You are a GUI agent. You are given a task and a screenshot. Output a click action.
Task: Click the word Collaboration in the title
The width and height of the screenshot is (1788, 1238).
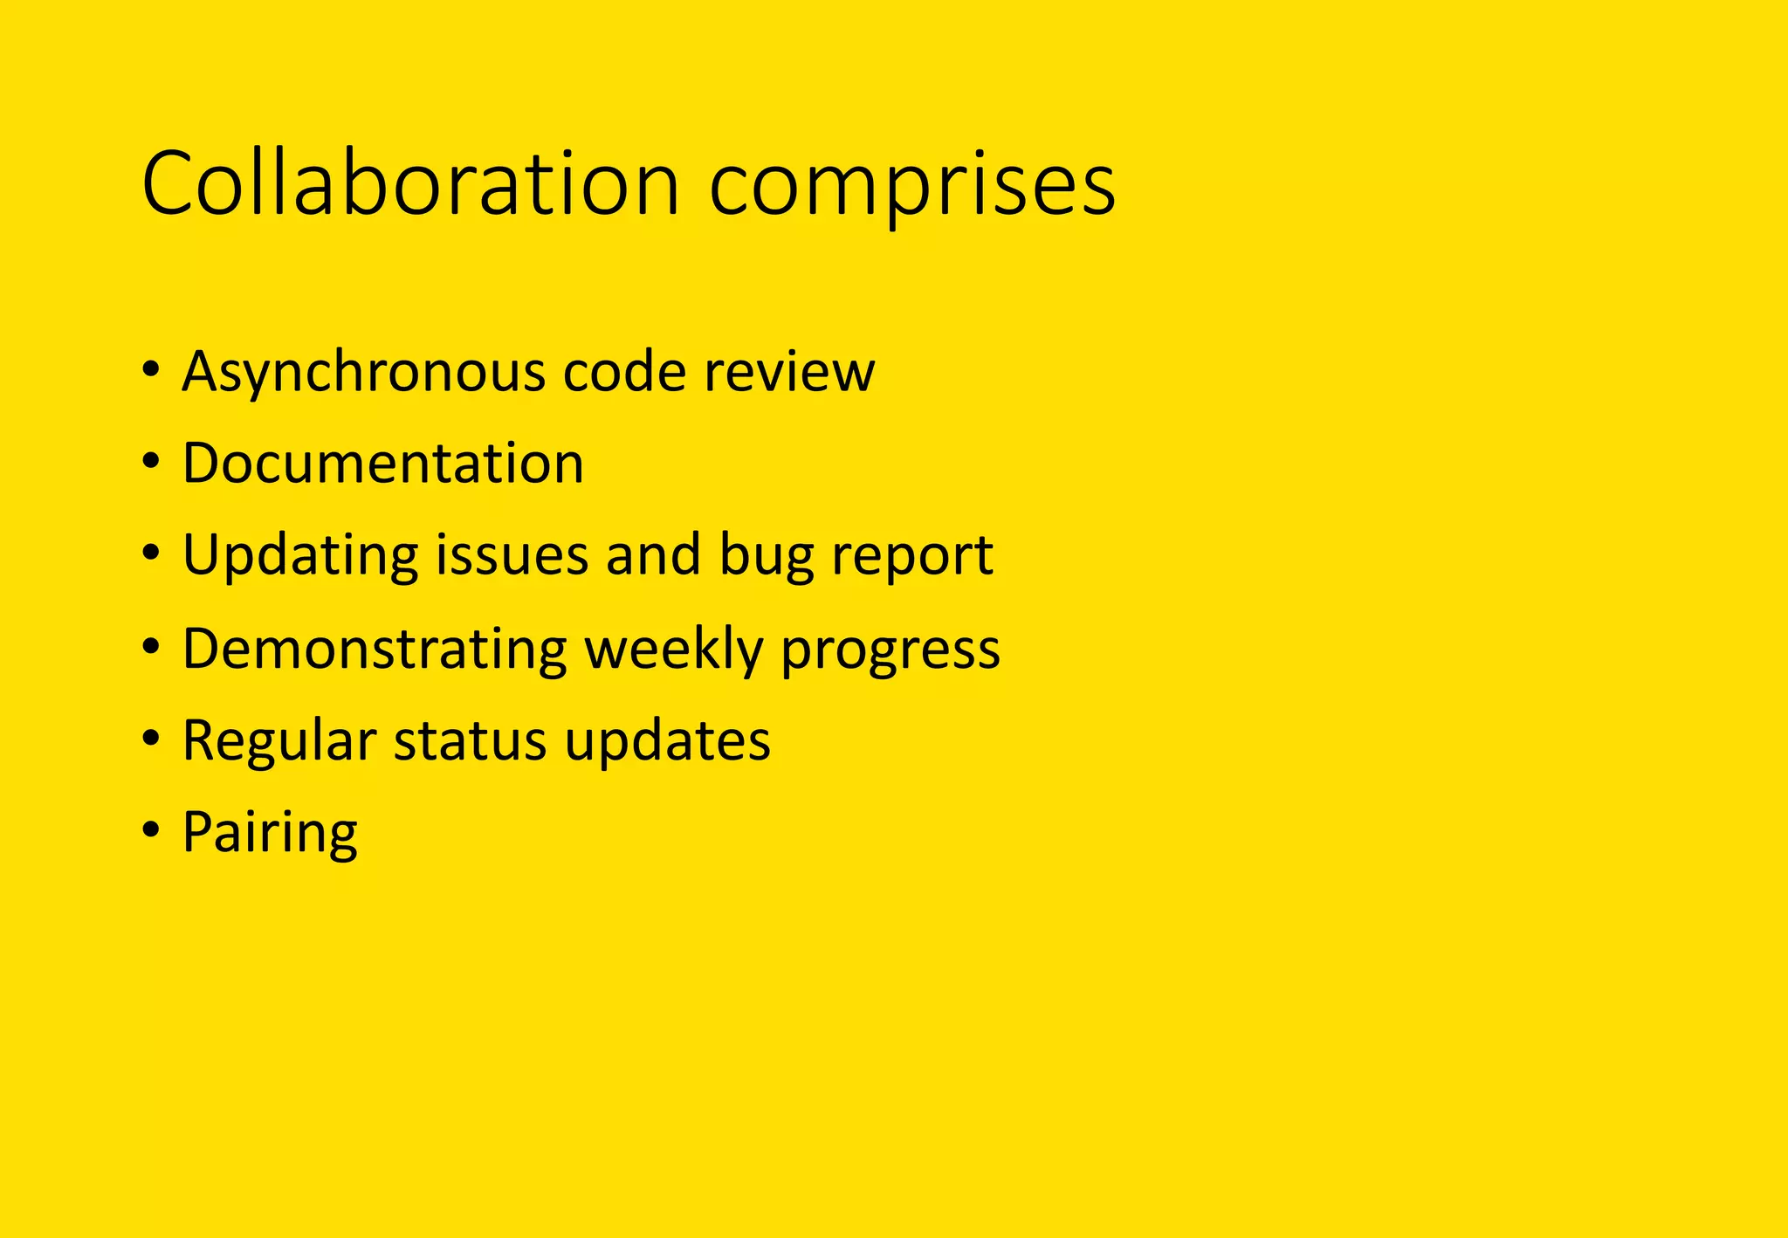point(410,184)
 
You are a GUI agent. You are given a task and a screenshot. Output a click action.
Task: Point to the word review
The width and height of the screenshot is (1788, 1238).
point(789,372)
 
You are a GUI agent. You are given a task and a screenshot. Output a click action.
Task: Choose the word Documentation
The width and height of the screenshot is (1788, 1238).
point(382,463)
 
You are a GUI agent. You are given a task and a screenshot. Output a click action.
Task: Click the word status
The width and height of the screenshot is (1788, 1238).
point(470,741)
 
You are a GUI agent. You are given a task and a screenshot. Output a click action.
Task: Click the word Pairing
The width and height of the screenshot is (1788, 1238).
point(270,834)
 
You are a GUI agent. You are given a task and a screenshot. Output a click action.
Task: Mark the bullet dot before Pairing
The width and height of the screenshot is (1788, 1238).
point(151,829)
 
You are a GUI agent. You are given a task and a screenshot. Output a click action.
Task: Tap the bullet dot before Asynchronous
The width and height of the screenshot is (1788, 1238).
point(151,368)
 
